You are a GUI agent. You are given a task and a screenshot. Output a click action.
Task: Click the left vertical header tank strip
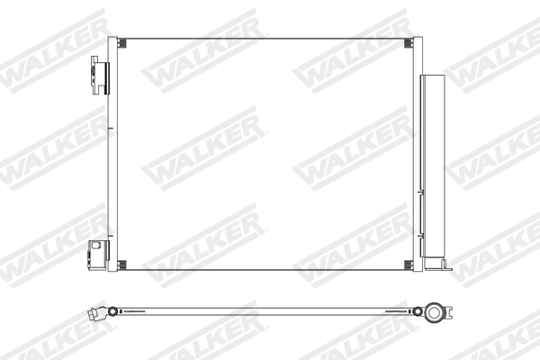coord(112,153)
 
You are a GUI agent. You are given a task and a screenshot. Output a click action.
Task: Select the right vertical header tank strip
coord(417,153)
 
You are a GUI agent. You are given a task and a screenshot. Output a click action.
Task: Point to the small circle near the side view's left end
coord(112,312)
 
